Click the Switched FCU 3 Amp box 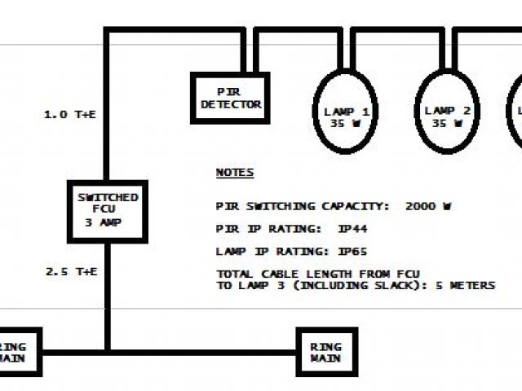pyautogui.click(x=107, y=210)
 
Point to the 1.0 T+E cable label pyautogui.click(x=70, y=115)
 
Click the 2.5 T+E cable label pyautogui.click(x=70, y=270)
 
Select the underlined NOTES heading pyautogui.click(x=234, y=173)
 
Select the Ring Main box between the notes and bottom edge pyautogui.click(x=326, y=352)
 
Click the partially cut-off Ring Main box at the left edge pyautogui.click(x=18, y=352)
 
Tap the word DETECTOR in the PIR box pyautogui.click(x=230, y=104)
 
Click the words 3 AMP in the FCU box pyautogui.click(x=107, y=221)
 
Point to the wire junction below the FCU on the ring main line pyautogui.click(x=107, y=353)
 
